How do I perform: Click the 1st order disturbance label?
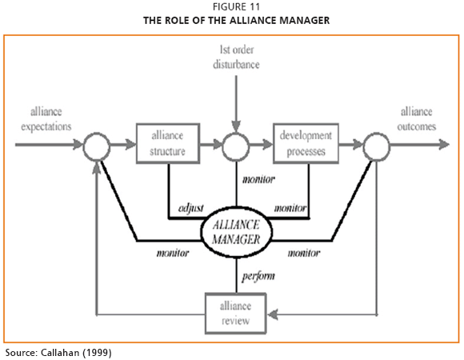[x=236, y=57]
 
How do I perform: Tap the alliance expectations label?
[x=46, y=119]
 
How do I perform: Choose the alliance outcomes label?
[x=417, y=119]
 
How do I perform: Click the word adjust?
[x=191, y=209]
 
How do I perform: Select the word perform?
[x=258, y=276]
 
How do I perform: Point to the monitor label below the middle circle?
[x=258, y=179]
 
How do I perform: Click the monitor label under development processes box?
[x=290, y=208]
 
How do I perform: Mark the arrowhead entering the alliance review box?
[x=272, y=314]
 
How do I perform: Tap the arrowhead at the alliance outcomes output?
[x=444, y=145]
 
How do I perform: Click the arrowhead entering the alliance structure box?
[x=130, y=145]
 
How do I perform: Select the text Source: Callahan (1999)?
[x=58, y=353]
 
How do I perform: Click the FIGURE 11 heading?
[x=236, y=7]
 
